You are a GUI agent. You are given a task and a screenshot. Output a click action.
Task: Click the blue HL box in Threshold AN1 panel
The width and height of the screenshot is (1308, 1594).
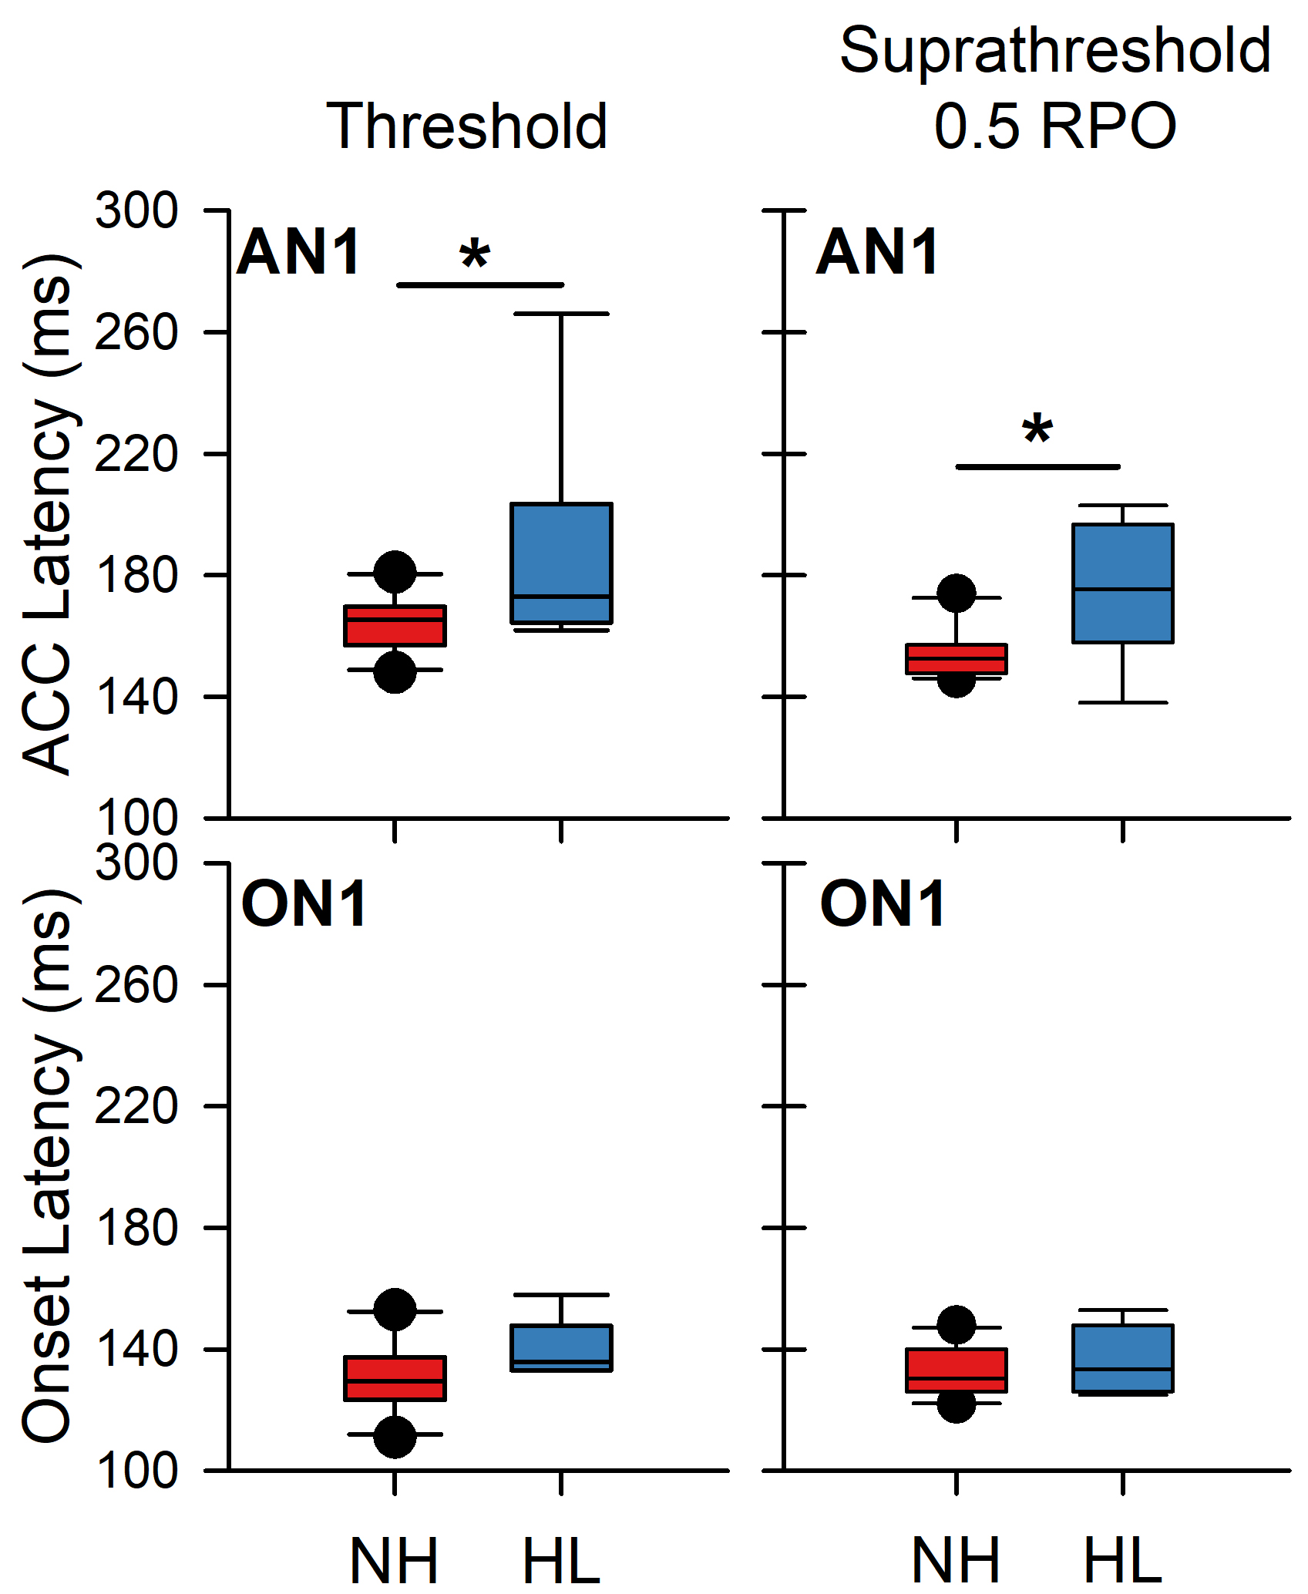pyautogui.click(x=561, y=563)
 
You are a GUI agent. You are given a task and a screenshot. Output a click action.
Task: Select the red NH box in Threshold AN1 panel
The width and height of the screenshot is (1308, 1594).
pyautogui.click(x=395, y=625)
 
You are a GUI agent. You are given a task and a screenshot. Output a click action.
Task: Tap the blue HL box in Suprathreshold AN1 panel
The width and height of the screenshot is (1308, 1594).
pyautogui.click(x=1122, y=583)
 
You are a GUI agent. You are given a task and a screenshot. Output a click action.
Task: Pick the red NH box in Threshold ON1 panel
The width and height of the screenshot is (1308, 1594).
pyautogui.click(x=395, y=1378)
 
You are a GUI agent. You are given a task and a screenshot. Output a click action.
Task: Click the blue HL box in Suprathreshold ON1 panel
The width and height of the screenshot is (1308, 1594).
pyautogui.click(x=1122, y=1358)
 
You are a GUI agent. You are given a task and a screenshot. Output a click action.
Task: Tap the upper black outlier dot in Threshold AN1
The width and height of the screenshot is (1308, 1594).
pyautogui.click(x=395, y=572)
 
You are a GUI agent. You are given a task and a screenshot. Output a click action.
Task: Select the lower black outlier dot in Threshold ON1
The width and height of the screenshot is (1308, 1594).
pyautogui.click(x=395, y=1437)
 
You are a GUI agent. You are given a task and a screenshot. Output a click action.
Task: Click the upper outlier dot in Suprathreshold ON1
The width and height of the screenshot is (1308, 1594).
pyautogui.click(x=956, y=1325)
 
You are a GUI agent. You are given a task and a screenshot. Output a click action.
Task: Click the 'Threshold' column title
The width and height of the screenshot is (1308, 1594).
pyautogui.click(x=468, y=126)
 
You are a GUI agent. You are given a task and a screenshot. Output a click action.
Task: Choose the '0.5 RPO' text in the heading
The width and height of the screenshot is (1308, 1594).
pyautogui.click(x=1054, y=126)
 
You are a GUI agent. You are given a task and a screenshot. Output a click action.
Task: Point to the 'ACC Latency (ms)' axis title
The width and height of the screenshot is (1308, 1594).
pyautogui.click(x=48, y=513)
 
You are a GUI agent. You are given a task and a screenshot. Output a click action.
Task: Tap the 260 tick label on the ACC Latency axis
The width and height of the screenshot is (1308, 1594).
pyautogui.click(x=136, y=333)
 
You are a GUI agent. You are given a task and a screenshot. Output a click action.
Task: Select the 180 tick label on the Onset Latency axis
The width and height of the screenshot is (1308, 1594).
pyautogui.click(x=136, y=1228)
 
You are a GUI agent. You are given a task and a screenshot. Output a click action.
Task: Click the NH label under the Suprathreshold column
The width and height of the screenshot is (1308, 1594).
pyautogui.click(x=956, y=1561)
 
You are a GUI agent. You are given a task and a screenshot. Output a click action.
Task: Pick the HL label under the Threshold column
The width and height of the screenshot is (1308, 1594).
pyautogui.click(x=561, y=1561)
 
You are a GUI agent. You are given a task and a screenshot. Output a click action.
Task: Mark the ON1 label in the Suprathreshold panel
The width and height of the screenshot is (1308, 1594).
pyautogui.click(x=883, y=904)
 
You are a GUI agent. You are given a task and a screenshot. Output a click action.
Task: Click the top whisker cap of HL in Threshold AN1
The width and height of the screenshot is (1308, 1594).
pyautogui.click(x=561, y=314)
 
